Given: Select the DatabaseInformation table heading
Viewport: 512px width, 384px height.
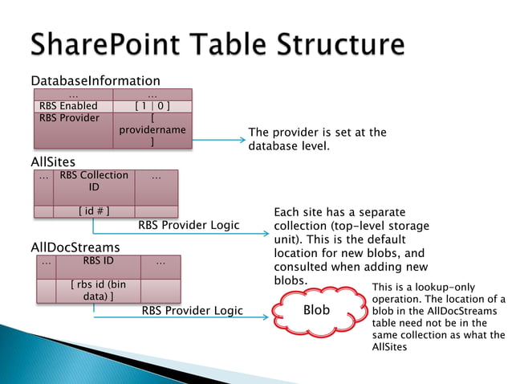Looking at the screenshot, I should (x=95, y=81).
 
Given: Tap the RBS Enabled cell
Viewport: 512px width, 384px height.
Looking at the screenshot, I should (x=68, y=106).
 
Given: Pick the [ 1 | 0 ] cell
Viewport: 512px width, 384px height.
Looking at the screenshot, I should (x=152, y=106).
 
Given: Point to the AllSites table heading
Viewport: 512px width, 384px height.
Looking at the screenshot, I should (x=53, y=162).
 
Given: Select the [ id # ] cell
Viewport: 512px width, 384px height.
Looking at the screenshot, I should (x=94, y=211).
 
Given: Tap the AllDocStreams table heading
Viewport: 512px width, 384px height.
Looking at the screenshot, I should (x=75, y=247).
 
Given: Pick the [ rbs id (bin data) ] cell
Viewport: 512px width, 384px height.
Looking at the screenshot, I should (x=98, y=291).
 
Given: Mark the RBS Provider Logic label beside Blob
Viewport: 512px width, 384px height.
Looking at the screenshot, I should (x=192, y=311).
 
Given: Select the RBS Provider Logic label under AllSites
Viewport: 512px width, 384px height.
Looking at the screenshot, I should (x=189, y=225).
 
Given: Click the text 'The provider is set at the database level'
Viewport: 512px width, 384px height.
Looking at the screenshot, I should (x=317, y=139).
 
